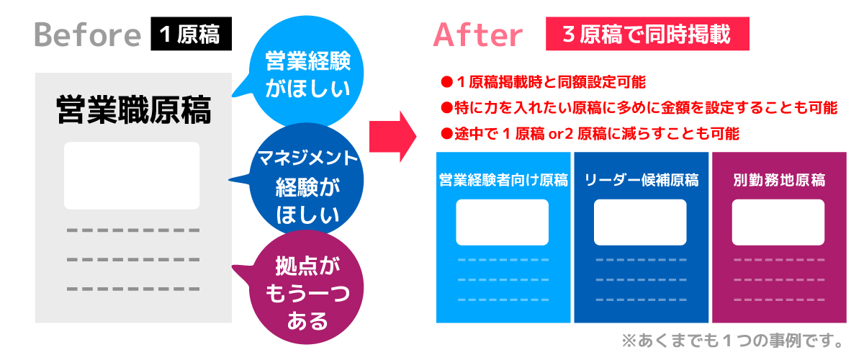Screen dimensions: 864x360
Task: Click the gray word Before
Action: point(88,35)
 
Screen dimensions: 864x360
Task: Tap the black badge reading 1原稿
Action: point(192,34)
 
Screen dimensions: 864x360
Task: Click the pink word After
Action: point(477,35)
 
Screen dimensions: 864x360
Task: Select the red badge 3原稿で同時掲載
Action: point(647,34)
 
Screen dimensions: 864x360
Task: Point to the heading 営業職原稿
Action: point(133,110)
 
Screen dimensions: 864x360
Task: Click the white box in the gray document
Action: point(132,176)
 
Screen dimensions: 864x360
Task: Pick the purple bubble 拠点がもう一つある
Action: point(305,287)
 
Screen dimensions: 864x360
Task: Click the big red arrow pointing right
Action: point(392,137)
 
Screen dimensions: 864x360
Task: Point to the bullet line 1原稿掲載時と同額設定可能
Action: point(543,82)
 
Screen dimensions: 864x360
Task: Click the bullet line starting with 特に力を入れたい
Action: point(639,108)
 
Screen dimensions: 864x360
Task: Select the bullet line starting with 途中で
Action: point(590,134)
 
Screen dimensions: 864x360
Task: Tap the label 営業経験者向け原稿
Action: point(503,180)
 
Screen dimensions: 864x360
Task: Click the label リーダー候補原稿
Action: point(642,180)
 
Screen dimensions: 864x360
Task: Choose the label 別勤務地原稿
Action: point(779,180)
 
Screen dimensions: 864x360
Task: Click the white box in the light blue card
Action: point(503,222)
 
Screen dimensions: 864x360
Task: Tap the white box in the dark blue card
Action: point(640,222)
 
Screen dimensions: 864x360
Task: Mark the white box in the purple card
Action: point(778,222)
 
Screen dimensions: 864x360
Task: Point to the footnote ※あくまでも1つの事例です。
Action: point(732,341)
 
